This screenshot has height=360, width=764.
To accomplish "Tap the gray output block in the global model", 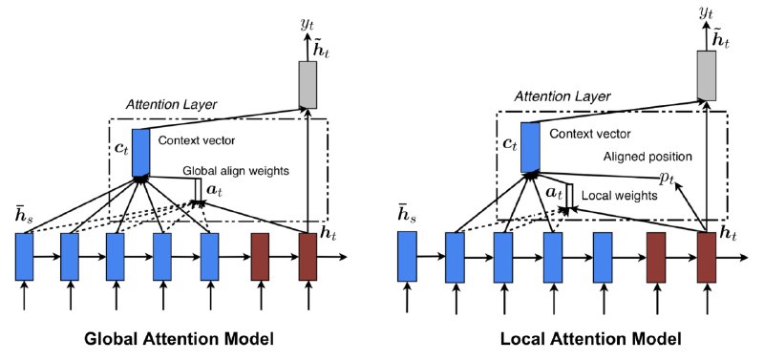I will [308, 83].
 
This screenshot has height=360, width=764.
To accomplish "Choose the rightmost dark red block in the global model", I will [308, 256].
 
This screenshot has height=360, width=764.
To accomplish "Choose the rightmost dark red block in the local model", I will [706, 256].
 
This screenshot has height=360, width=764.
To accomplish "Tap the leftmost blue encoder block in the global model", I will [24, 256].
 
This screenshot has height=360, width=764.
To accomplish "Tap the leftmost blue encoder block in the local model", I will [407, 256].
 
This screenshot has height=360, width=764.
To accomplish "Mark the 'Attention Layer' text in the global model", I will [168, 102].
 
